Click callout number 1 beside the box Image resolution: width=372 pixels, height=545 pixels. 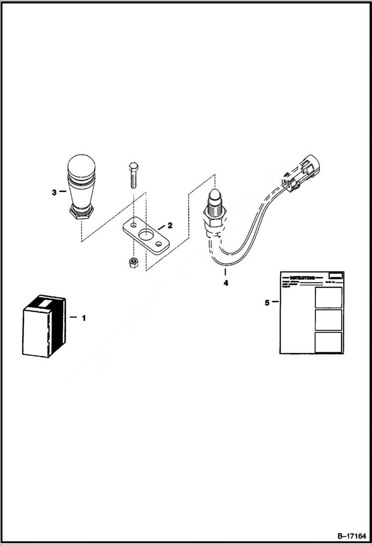point(83,317)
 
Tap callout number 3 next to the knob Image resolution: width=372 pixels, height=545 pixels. point(54,192)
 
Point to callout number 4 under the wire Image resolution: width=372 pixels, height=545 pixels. point(225,283)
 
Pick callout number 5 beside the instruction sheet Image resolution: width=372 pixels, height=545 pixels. point(267,302)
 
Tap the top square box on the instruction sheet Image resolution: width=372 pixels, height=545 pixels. point(328,297)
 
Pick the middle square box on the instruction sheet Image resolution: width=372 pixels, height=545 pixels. point(328,319)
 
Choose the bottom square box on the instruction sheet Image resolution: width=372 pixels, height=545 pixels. point(328,342)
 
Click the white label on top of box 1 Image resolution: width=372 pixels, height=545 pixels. point(44,302)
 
